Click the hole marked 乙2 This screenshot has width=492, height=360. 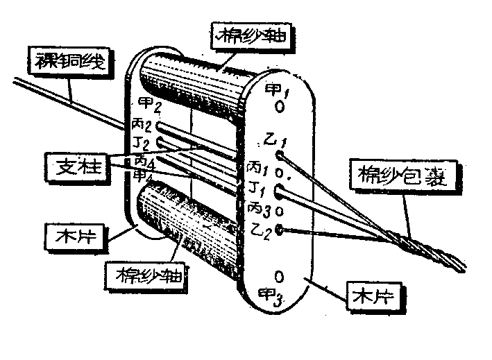pos(279,229)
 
